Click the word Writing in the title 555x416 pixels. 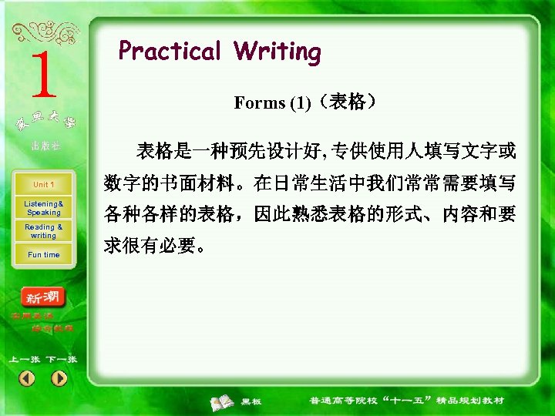[277, 52]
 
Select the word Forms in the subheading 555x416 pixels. [259, 103]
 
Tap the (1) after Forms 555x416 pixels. [300, 103]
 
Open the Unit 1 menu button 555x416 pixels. [43, 185]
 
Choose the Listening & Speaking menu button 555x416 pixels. [43, 208]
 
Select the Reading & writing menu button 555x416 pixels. [43, 231]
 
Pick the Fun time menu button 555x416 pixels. [43, 255]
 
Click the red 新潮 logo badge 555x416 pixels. [44, 297]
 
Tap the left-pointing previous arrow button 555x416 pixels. [27, 378]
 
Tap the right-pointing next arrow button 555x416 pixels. [59, 378]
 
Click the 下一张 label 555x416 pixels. [61, 360]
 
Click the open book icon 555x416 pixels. [224, 401]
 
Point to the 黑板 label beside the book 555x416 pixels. [251, 401]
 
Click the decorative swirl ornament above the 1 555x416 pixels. [44, 32]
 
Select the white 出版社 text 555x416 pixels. [45, 146]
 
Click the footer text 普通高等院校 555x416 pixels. [340, 401]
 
